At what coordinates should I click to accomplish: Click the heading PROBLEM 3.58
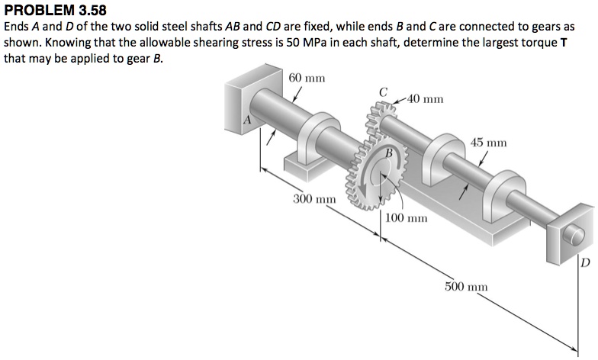(56, 10)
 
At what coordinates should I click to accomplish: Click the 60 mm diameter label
(307, 79)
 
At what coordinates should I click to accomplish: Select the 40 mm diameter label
(426, 99)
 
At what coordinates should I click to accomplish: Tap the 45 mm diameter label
(489, 143)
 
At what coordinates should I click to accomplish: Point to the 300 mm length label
(315, 199)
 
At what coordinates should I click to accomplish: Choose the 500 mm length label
(466, 286)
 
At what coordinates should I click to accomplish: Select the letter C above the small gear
(384, 92)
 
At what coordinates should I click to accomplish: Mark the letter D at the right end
(585, 264)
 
